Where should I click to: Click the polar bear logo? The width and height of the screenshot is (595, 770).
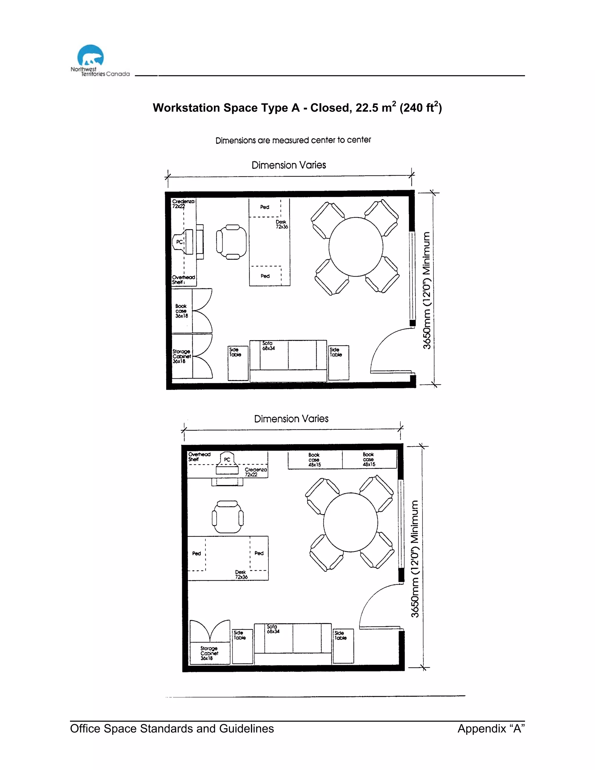(91, 56)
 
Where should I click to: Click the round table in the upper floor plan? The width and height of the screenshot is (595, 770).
(356, 247)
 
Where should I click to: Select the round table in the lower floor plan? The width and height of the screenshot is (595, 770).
(350, 522)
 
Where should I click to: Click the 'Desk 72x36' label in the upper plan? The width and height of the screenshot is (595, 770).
(282, 224)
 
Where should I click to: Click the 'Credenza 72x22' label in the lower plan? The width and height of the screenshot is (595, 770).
(256, 472)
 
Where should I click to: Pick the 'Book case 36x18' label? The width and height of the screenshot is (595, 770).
(182, 311)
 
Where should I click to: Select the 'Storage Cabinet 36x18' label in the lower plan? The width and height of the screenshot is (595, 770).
(209, 653)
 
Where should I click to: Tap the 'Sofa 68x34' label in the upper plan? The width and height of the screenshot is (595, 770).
(268, 345)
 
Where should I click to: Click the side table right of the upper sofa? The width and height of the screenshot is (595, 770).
(338, 363)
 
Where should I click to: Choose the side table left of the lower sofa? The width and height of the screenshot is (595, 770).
(243, 646)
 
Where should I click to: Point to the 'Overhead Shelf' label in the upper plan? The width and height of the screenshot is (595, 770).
(183, 280)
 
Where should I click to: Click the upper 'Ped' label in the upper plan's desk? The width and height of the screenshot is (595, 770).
(265, 207)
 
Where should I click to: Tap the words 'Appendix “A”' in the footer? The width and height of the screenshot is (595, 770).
(491, 728)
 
